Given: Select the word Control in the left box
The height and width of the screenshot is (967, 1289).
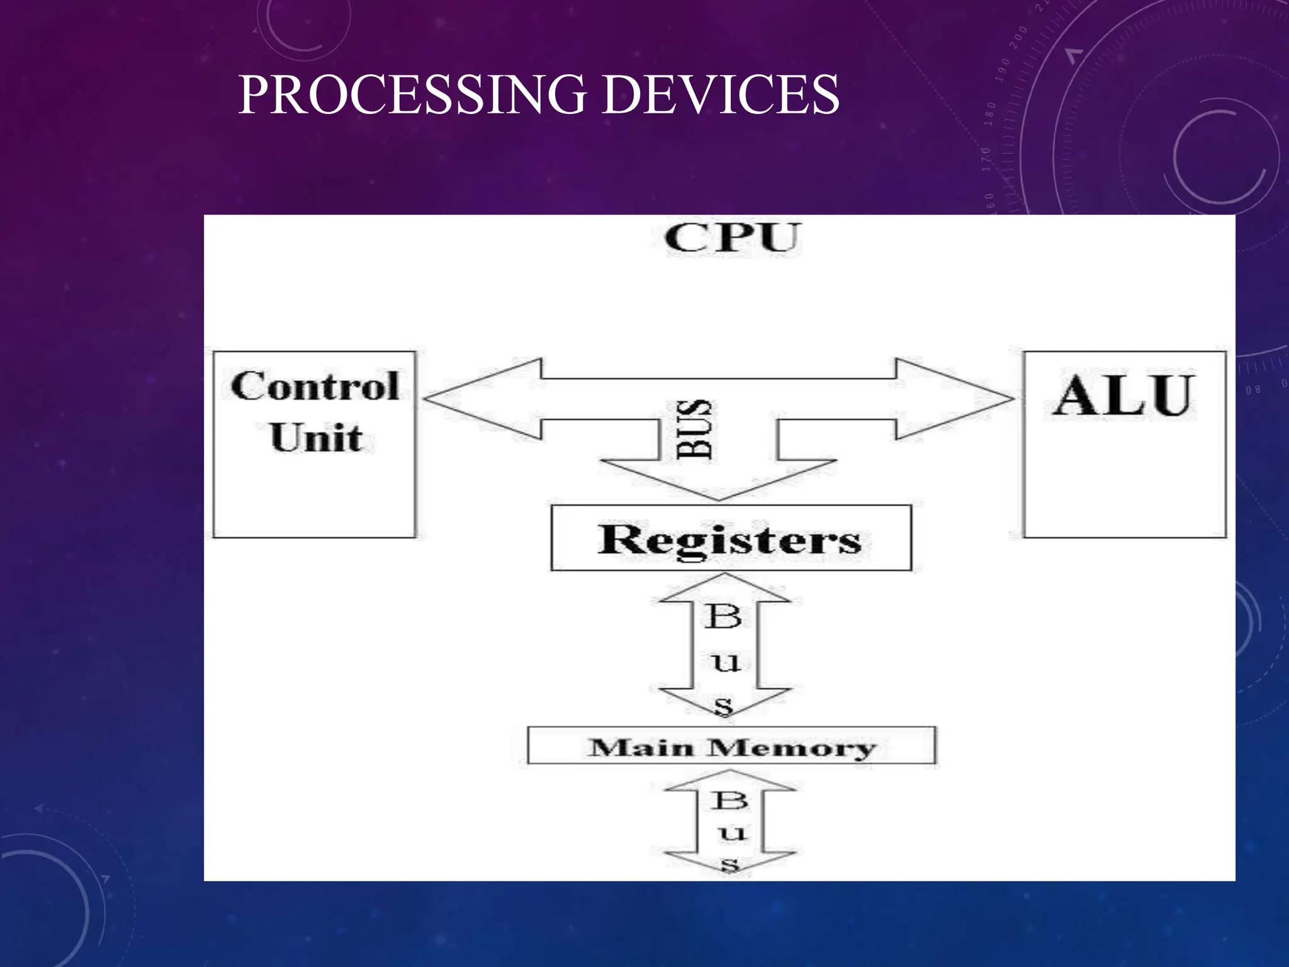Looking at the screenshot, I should click(315, 386).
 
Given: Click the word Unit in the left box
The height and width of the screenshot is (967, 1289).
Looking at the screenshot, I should click(316, 437).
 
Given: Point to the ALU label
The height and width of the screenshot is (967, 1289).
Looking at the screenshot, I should click(1124, 395).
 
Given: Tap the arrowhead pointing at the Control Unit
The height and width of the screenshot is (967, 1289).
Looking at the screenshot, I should click(453, 399).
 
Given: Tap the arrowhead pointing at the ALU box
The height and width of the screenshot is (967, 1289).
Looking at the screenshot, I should click(982, 399).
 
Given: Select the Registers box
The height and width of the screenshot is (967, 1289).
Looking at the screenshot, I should click(730, 539).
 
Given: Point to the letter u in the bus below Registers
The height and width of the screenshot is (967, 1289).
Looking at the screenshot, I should click(726, 662).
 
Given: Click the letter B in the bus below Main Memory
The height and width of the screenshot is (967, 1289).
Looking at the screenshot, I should click(730, 801).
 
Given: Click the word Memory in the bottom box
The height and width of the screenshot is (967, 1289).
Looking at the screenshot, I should click(792, 748).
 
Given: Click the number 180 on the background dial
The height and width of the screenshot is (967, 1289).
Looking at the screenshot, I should click(991, 113).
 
